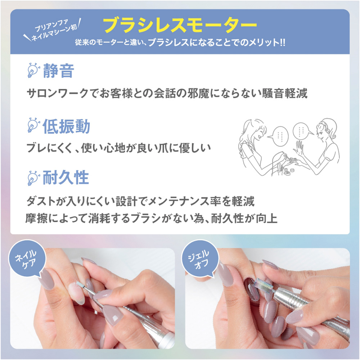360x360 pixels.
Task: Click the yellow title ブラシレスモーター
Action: [180, 25]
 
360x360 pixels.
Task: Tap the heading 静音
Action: [58, 71]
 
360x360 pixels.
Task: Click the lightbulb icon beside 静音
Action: [33, 70]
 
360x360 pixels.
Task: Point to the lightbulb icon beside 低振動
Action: [33, 126]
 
